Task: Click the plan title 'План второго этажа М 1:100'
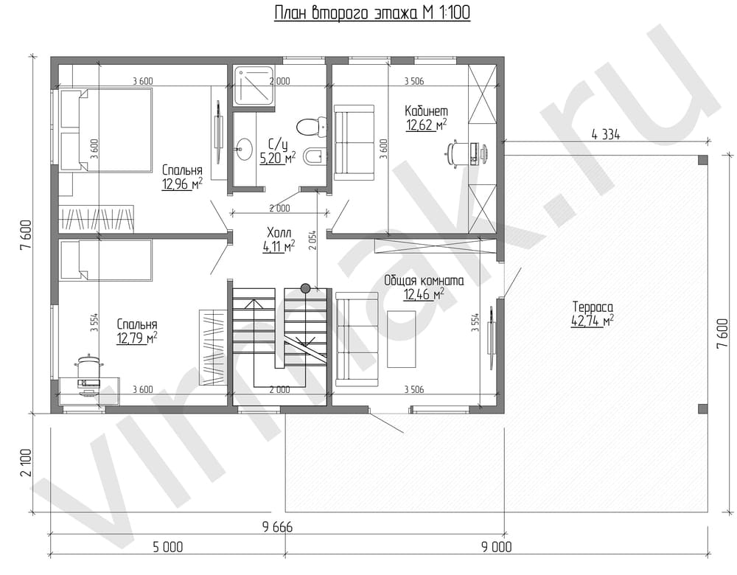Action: (x=371, y=13)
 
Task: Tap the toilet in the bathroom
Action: (x=311, y=126)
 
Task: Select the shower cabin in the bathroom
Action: (x=254, y=88)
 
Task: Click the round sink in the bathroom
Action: (x=243, y=147)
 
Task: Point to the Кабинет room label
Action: (x=426, y=111)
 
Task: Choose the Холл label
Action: (x=279, y=232)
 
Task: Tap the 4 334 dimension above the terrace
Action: (x=605, y=134)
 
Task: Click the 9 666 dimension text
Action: (x=277, y=527)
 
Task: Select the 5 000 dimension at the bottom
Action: (x=168, y=547)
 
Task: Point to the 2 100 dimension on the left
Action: (x=27, y=463)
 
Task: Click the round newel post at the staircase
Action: (x=306, y=287)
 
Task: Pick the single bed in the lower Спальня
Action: (x=105, y=260)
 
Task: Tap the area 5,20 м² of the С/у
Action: (x=278, y=158)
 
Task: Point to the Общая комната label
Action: (x=424, y=281)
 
